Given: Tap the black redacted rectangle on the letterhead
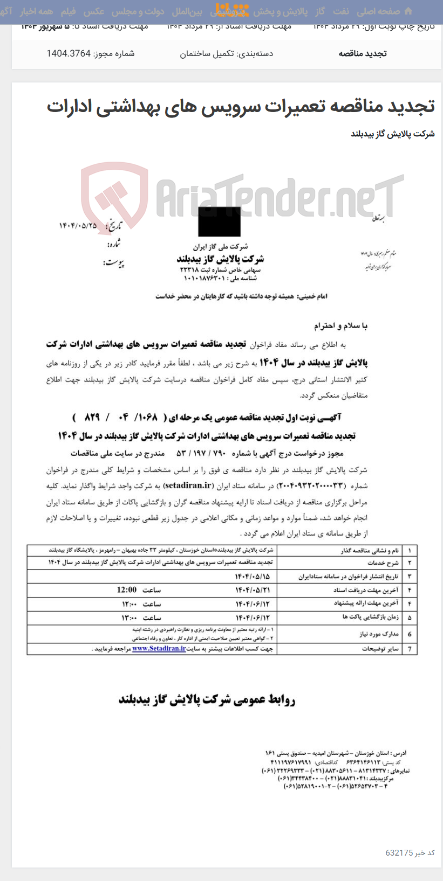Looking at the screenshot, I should click(x=219, y=221).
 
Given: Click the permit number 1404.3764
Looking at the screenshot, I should click(x=69, y=53).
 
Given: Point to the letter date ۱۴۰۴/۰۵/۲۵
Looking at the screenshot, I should click(x=78, y=225).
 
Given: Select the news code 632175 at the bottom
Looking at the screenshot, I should click(x=399, y=853).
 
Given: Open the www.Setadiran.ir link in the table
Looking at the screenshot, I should click(x=159, y=649).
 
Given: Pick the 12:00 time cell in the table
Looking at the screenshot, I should click(x=127, y=590).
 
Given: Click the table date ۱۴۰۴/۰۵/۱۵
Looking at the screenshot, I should click(x=252, y=577).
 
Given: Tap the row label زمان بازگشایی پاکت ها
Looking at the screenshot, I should click(x=369, y=617).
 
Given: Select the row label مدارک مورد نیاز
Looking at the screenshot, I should click(x=379, y=634).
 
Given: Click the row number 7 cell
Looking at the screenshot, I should click(x=410, y=649).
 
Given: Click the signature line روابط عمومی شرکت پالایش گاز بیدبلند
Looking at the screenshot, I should click(x=207, y=699).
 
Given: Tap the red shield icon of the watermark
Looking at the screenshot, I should click(x=114, y=195).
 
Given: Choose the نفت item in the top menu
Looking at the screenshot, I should click(x=340, y=11).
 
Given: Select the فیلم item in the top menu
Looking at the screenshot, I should click(x=68, y=11).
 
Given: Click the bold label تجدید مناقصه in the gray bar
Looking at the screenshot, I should click(x=363, y=53).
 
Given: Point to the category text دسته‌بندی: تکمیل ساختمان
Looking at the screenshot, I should click(x=226, y=53).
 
